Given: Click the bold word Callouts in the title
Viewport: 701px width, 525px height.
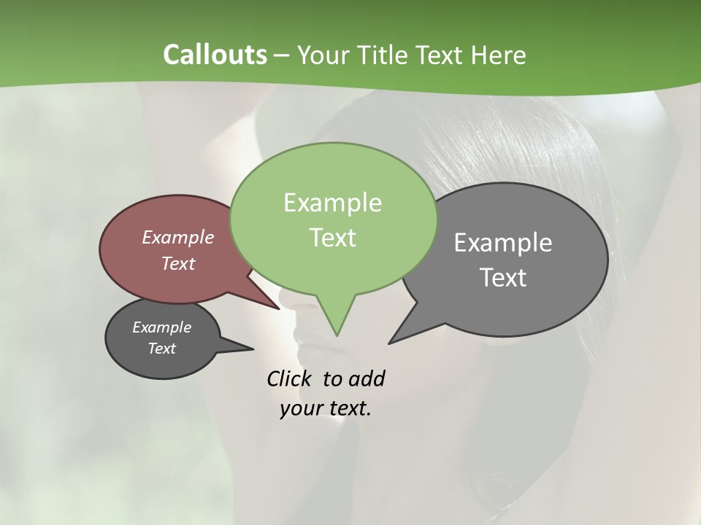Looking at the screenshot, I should click(215, 55).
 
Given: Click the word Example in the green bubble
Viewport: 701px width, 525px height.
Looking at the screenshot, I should click(332, 203).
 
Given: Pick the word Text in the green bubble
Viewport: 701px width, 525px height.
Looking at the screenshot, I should click(333, 238).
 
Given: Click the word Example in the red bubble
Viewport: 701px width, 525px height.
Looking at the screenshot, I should click(178, 237).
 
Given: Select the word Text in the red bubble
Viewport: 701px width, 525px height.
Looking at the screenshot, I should click(178, 263).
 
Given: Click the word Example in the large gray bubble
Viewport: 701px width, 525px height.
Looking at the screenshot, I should click(503, 243).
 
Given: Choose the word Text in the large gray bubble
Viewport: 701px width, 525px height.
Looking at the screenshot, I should click(503, 278).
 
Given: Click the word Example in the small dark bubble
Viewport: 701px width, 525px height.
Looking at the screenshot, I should click(161, 327).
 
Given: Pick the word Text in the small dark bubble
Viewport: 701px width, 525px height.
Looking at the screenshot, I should click(161, 349).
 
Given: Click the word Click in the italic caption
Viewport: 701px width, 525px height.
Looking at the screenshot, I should click(291, 378).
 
